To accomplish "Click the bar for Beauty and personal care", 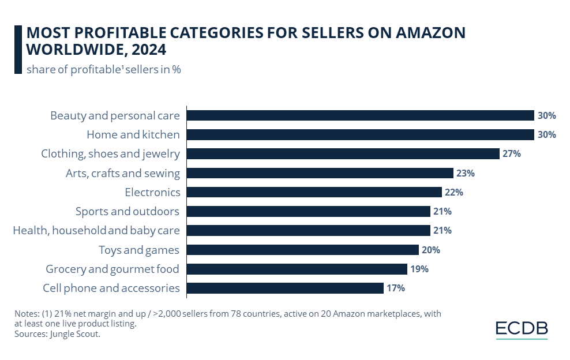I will (x=361, y=115).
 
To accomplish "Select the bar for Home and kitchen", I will (x=361, y=134).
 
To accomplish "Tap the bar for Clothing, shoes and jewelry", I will (x=343, y=153).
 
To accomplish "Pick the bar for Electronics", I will (x=314, y=192).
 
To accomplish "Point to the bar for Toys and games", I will (x=303, y=250).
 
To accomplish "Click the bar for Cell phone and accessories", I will (x=286, y=288).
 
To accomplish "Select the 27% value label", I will (x=512, y=153).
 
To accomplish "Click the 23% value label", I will (x=466, y=173).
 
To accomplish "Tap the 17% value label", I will (x=396, y=288).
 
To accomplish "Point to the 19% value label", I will (x=419, y=269).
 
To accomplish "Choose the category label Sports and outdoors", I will (x=127, y=211).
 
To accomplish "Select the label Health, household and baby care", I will (x=96, y=231).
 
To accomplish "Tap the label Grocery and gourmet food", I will (x=112, y=269).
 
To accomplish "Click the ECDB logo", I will (x=522, y=329).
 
